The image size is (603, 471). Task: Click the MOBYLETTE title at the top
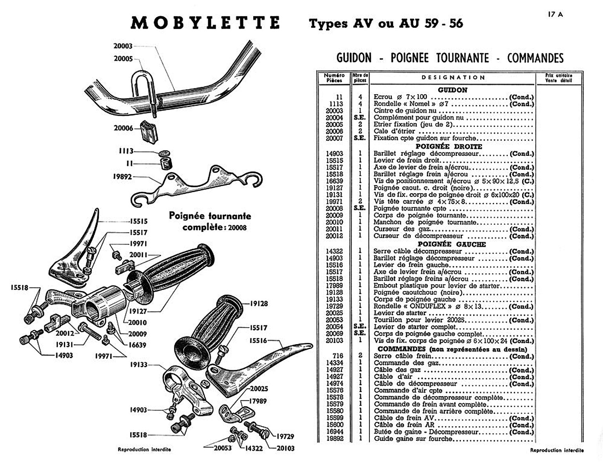205,23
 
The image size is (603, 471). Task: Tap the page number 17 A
555,15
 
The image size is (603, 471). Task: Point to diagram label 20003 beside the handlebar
123,46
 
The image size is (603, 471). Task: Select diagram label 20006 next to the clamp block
123,128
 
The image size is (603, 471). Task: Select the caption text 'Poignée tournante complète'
210,221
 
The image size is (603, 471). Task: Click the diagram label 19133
138,365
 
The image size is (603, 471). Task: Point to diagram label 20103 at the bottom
285,448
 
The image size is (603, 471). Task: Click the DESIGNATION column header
453,78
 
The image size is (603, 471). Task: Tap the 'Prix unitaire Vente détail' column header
558,78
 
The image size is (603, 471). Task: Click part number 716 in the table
338,356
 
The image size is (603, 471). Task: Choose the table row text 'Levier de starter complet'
415,327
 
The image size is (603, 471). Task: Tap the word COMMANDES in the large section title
535,58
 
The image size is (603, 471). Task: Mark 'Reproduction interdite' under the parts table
556,450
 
